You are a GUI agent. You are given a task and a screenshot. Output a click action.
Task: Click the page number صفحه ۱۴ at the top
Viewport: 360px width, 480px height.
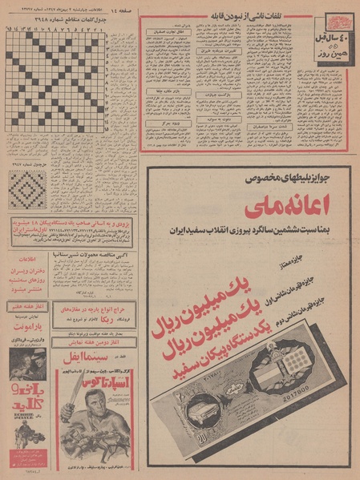(120, 8)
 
